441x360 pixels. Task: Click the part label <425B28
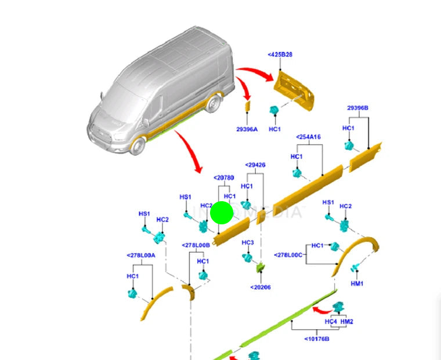pos(281,54)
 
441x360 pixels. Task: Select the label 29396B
pos(358,108)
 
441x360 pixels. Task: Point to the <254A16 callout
pos(309,137)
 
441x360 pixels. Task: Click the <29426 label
pos(255,165)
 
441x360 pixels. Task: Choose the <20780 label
pos(223,177)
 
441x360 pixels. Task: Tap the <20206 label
pos(261,287)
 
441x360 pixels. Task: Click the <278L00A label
pos(141,255)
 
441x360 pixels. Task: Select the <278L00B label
pos(196,245)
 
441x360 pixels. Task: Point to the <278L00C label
pos(288,254)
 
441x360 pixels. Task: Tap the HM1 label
pos(357,283)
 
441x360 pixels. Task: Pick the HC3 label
pos(248,242)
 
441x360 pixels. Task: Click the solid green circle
pos(221,213)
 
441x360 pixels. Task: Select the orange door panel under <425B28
pos(295,87)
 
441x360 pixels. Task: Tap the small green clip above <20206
pos(261,267)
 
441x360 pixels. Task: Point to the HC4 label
pos(331,321)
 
